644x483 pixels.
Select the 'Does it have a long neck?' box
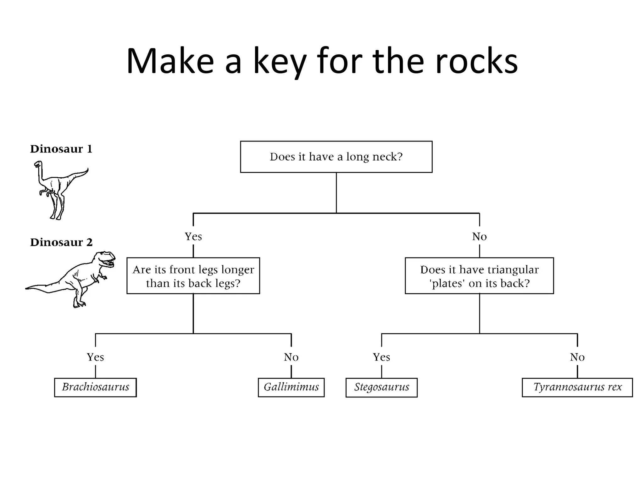coord(336,157)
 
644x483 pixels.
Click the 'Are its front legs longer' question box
coord(193,276)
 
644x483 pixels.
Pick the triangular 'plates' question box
coord(479,276)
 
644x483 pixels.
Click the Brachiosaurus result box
coord(95,387)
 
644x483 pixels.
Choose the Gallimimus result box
coord(291,387)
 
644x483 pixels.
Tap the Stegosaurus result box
coord(381,387)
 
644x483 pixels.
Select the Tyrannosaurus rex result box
coord(577,387)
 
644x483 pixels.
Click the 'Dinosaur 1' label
coord(61,149)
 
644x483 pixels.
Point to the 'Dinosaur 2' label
coord(61,242)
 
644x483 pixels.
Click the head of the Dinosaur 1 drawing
coord(38,164)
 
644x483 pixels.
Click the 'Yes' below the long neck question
coord(193,236)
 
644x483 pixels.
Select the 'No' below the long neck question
coord(479,236)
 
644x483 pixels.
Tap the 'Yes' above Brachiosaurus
coord(95,357)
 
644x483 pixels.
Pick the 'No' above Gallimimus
coord(291,357)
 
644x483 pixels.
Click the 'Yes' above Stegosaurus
coord(381,357)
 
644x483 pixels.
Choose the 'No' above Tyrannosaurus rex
coord(577,357)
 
